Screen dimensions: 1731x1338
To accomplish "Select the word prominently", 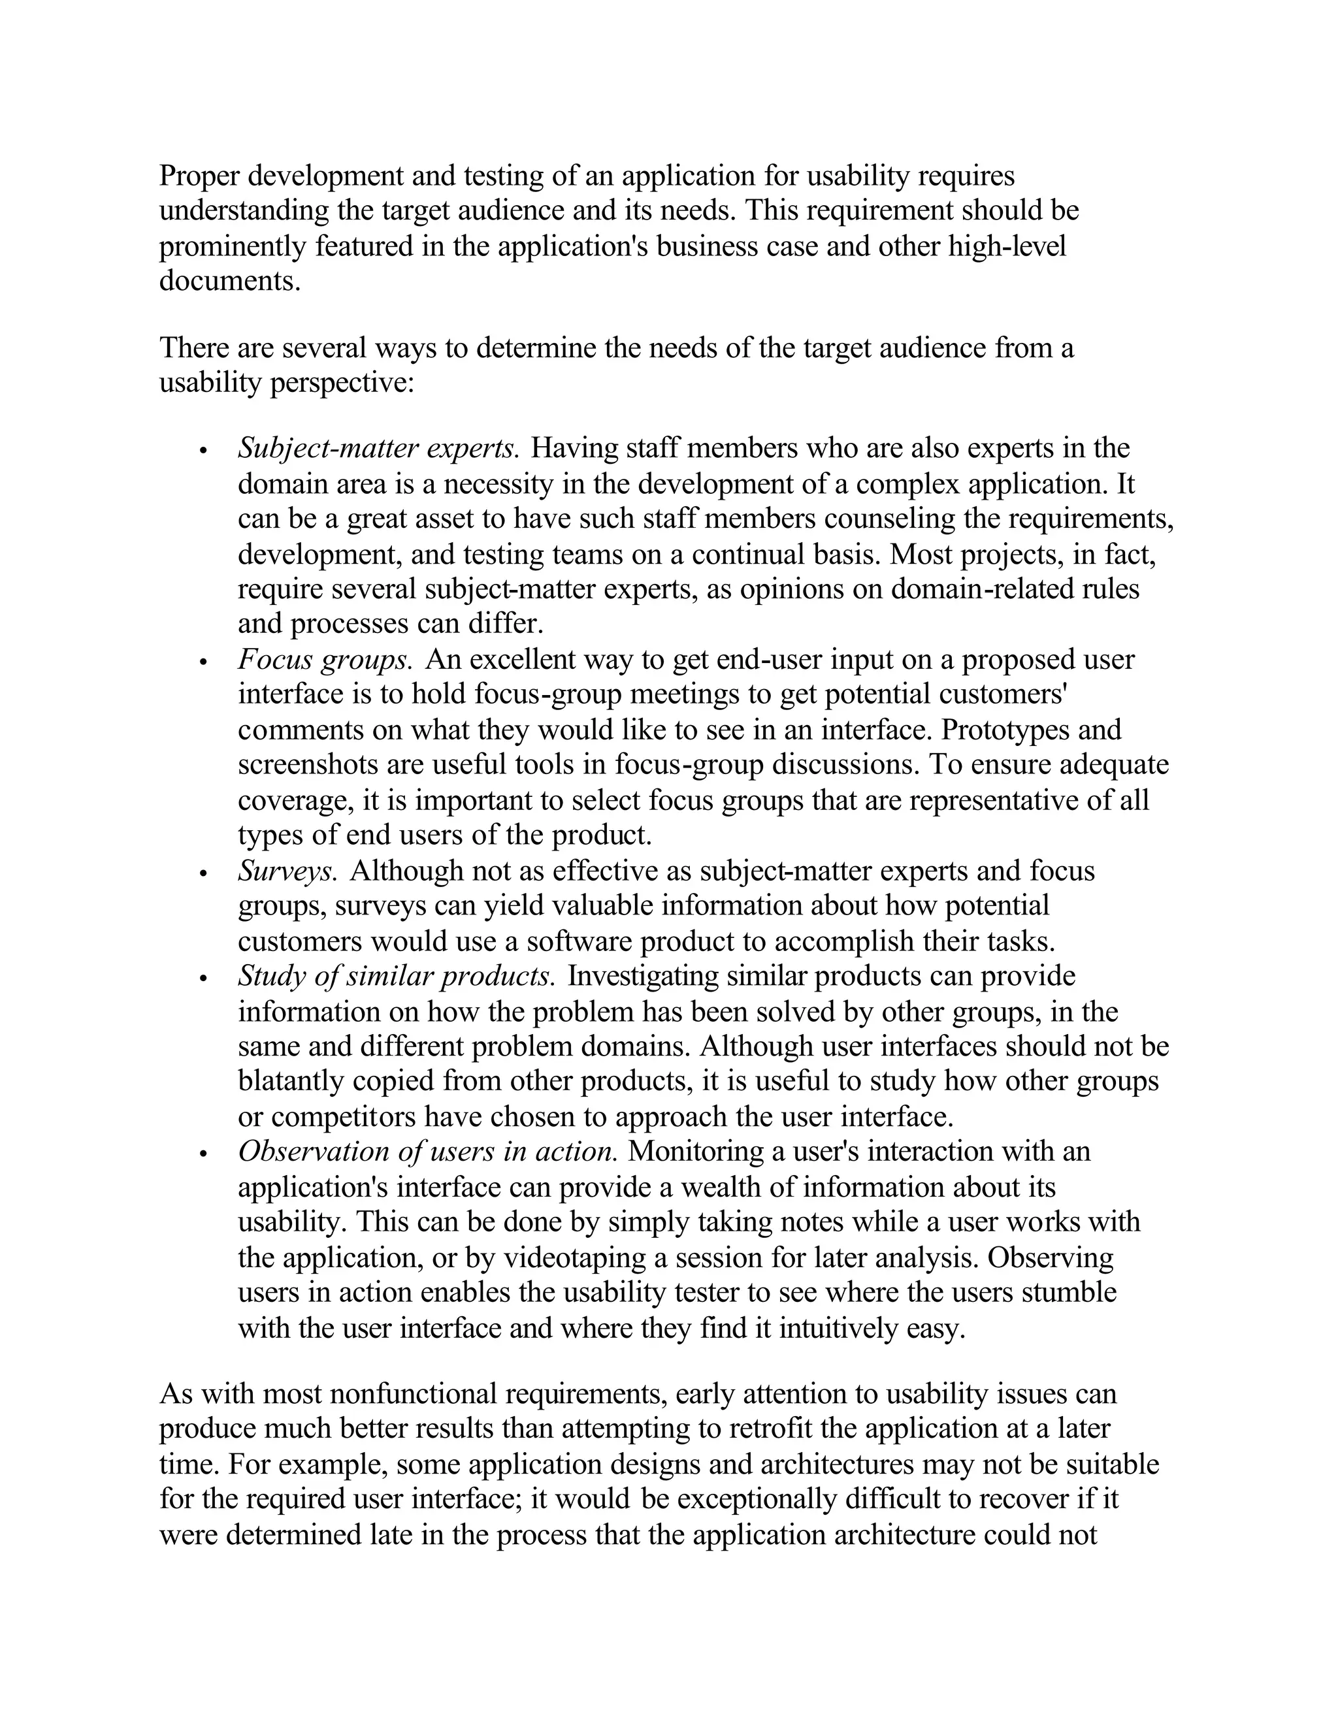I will (234, 246).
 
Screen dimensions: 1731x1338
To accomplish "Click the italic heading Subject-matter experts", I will (378, 449).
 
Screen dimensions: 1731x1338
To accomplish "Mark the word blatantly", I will (291, 1082).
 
